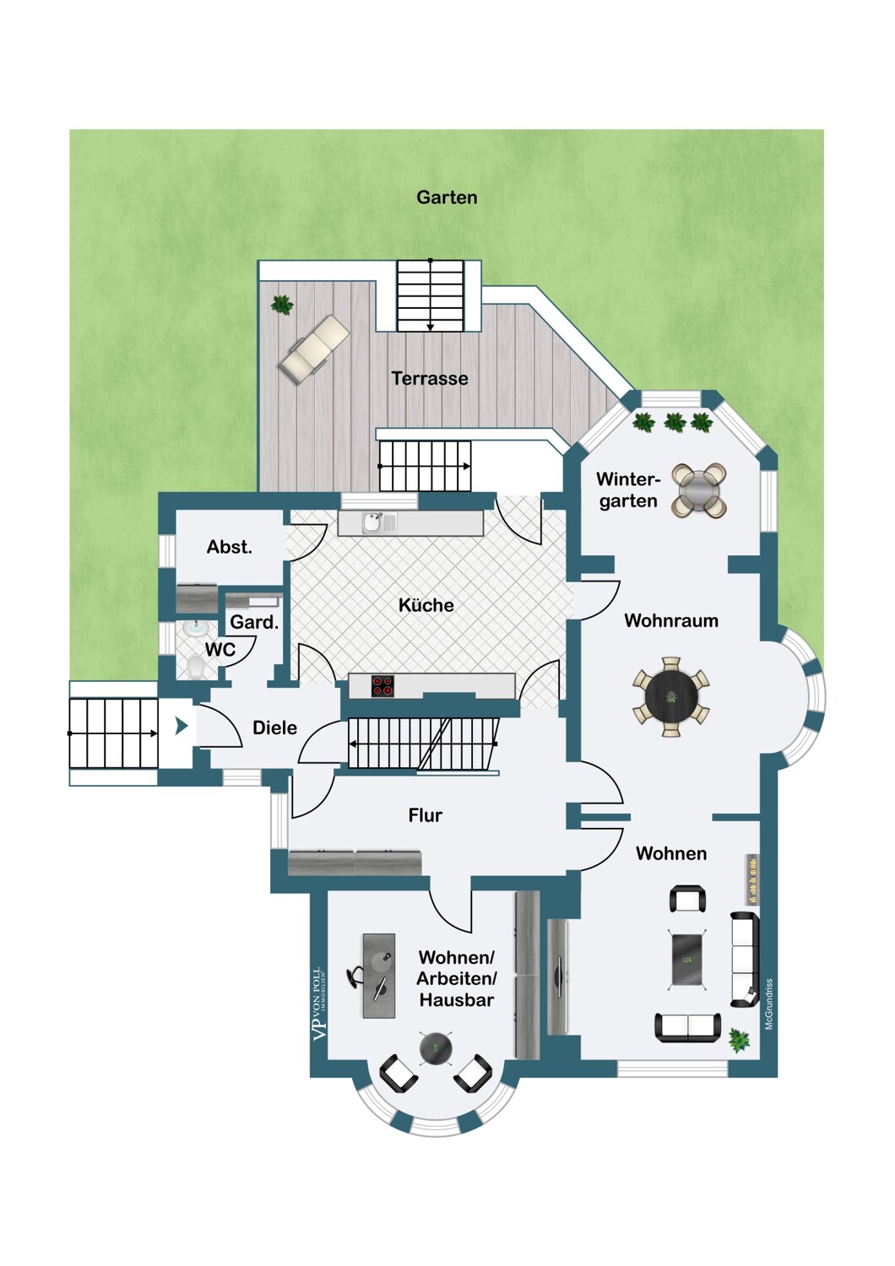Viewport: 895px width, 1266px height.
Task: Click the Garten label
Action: (x=447, y=197)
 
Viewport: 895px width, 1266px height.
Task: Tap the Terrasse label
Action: (x=430, y=378)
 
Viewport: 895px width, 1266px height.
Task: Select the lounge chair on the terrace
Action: (x=314, y=350)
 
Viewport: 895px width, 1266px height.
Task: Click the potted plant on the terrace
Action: (x=281, y=306)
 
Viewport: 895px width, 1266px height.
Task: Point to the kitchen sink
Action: (x=372, y=522)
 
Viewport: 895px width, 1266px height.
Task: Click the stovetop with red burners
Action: (x=382, y=686)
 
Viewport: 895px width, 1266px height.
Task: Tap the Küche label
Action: (x=426, y=605)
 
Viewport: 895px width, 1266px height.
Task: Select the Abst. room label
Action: (x=229, y=547)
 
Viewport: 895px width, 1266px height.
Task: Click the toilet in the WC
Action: (x=196, y=667)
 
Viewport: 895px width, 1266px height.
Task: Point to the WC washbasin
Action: (x=195, y=629)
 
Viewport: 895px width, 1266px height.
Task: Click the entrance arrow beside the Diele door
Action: (x=182, y=726)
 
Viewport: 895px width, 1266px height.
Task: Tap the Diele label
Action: (x=274, y=728)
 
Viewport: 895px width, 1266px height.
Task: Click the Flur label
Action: (x=426, y=815)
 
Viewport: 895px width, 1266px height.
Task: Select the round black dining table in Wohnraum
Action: (x=671, y=697)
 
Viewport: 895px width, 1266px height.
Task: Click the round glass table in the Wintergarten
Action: (x=699, y=490)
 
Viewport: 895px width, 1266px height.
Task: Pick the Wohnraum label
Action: (x=671, y=620)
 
